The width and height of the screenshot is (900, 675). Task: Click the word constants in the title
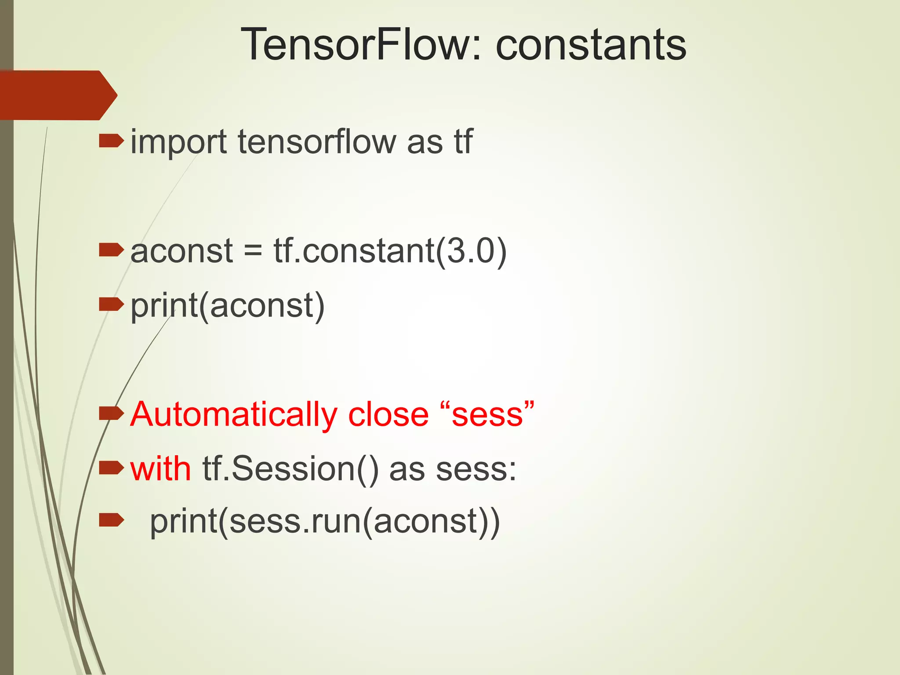[x=591, y=44]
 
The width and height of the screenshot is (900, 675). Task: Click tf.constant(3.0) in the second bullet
[x=390, y=251]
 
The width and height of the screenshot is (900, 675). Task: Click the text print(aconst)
[x=228, y=305]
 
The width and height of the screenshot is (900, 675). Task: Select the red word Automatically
[x=233, y=415]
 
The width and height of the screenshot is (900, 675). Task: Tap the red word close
[x=388, y=414]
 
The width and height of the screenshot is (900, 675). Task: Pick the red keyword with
[x=160, y=468]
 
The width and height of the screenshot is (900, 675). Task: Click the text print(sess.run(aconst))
[x=325, y=522]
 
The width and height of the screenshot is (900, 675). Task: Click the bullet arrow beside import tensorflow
[x=111, y=142]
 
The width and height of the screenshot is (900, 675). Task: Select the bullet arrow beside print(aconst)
[x=111, y=304]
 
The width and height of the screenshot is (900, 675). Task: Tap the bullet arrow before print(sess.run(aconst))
[x=111, y=520]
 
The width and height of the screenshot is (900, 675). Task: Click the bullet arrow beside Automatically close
[x=111, y=413]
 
